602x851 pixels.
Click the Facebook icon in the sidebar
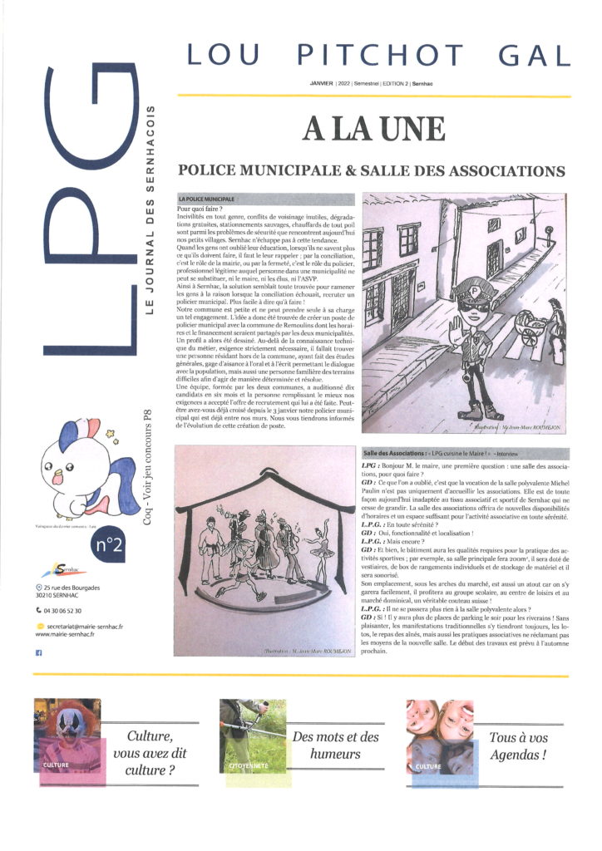(x=39, y=653)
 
